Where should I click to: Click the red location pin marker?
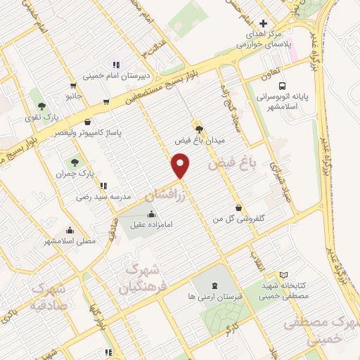181,167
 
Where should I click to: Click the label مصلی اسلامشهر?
70,241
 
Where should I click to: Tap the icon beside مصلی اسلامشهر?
70,230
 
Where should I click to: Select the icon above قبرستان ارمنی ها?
215,285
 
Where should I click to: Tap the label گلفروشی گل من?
240,219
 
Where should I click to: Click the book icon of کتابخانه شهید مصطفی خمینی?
283,274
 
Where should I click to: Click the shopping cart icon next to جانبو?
105,102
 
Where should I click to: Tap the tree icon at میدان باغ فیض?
199,129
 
